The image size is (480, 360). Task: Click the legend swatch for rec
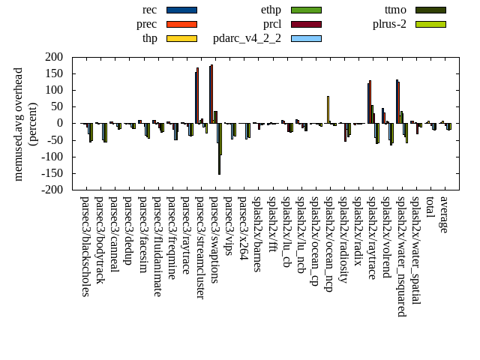pyautogui.click(x=181, y=10)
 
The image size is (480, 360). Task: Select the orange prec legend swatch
pyautogui.click(x=181, y=24)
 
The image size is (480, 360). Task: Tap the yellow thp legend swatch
pyautogui.click(x=181, y=38)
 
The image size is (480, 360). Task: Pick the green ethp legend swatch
pyautogui.click(x=306, y=10)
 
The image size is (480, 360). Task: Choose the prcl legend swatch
pyautogui.click(x=306, y=24)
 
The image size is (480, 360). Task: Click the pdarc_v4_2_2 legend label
pyautogui.click(x=247, y=38)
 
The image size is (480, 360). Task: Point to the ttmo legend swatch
pyautogui.click(x=430, y=10)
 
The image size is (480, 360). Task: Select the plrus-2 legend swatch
pyautogui.click(x=430, y=24)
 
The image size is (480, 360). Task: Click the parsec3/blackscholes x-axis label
pyautogui.click(x=85, y=247)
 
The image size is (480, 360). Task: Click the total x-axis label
pyautogui.click(x=430, y=208)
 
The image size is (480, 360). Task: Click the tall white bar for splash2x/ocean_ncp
pyautogui.click(x=328, y=109)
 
